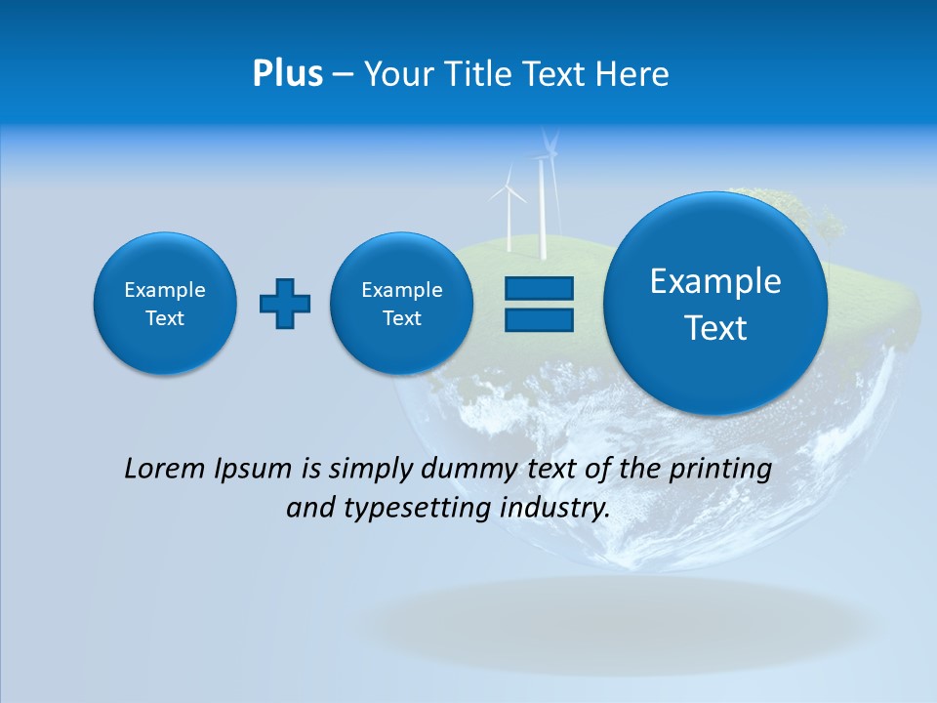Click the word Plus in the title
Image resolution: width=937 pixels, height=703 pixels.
click(x=287, y=74)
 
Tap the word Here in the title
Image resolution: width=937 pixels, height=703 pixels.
click(x=631, y=74)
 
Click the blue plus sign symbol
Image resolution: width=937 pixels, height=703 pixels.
click(x=285, y=304)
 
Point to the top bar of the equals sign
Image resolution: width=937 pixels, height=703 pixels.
click(x=539, y=288)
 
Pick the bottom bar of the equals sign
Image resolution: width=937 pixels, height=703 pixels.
click(x=539, y=319)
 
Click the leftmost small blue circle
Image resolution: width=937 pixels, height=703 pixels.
click(x=165, y=304)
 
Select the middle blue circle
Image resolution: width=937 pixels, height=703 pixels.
click(x=401, y=304)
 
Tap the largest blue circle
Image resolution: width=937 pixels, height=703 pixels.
click(x=715, y=304)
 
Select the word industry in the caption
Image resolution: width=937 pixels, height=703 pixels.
click(x=555, y=509)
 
